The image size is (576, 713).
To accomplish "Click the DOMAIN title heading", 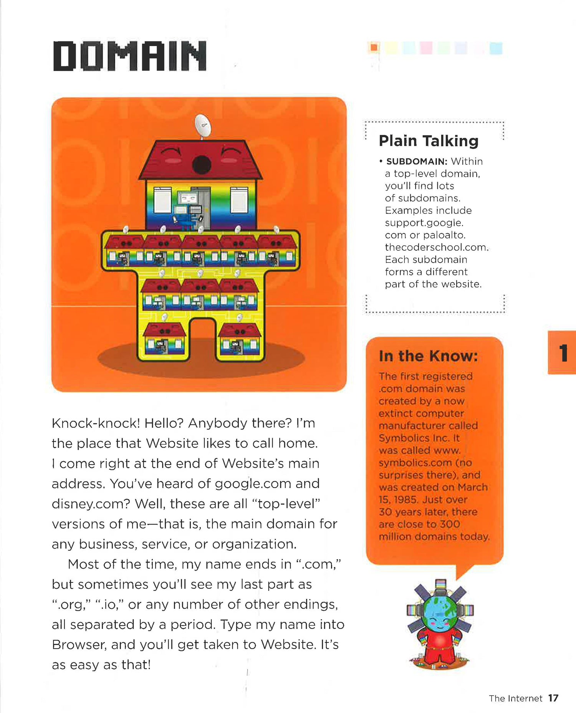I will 129,56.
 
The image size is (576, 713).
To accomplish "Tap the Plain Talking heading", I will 429,141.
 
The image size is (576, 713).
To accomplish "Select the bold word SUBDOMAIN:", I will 417,161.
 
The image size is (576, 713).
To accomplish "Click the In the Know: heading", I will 428,356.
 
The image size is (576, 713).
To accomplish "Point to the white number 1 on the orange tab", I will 563,353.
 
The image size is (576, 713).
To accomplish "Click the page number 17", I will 553,698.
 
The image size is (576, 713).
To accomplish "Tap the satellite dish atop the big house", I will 203,126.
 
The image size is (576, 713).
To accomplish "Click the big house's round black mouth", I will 202,165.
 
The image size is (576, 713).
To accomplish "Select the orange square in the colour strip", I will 374,48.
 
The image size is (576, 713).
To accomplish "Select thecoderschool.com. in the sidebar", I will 437,247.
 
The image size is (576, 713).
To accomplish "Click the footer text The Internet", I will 515,698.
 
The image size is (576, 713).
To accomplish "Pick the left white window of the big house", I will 162,200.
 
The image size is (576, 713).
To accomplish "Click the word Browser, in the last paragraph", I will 79,645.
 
